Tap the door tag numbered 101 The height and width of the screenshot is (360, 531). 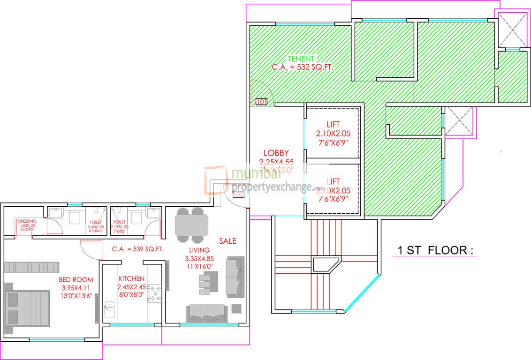coord(261,101)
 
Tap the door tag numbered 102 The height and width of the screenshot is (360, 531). coord(238,194)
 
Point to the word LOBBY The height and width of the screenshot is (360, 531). coord(276,153)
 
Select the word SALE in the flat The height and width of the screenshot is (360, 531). coord(228,241)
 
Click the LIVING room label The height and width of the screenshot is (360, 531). coord(199,250)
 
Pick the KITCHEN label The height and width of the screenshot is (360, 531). coord(131,278)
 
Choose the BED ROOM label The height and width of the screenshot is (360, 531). coord(76,279)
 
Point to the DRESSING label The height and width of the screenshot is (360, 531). coord(27,221)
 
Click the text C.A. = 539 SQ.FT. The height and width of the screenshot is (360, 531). coord(137,249)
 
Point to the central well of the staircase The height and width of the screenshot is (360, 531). coord(326,264)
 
